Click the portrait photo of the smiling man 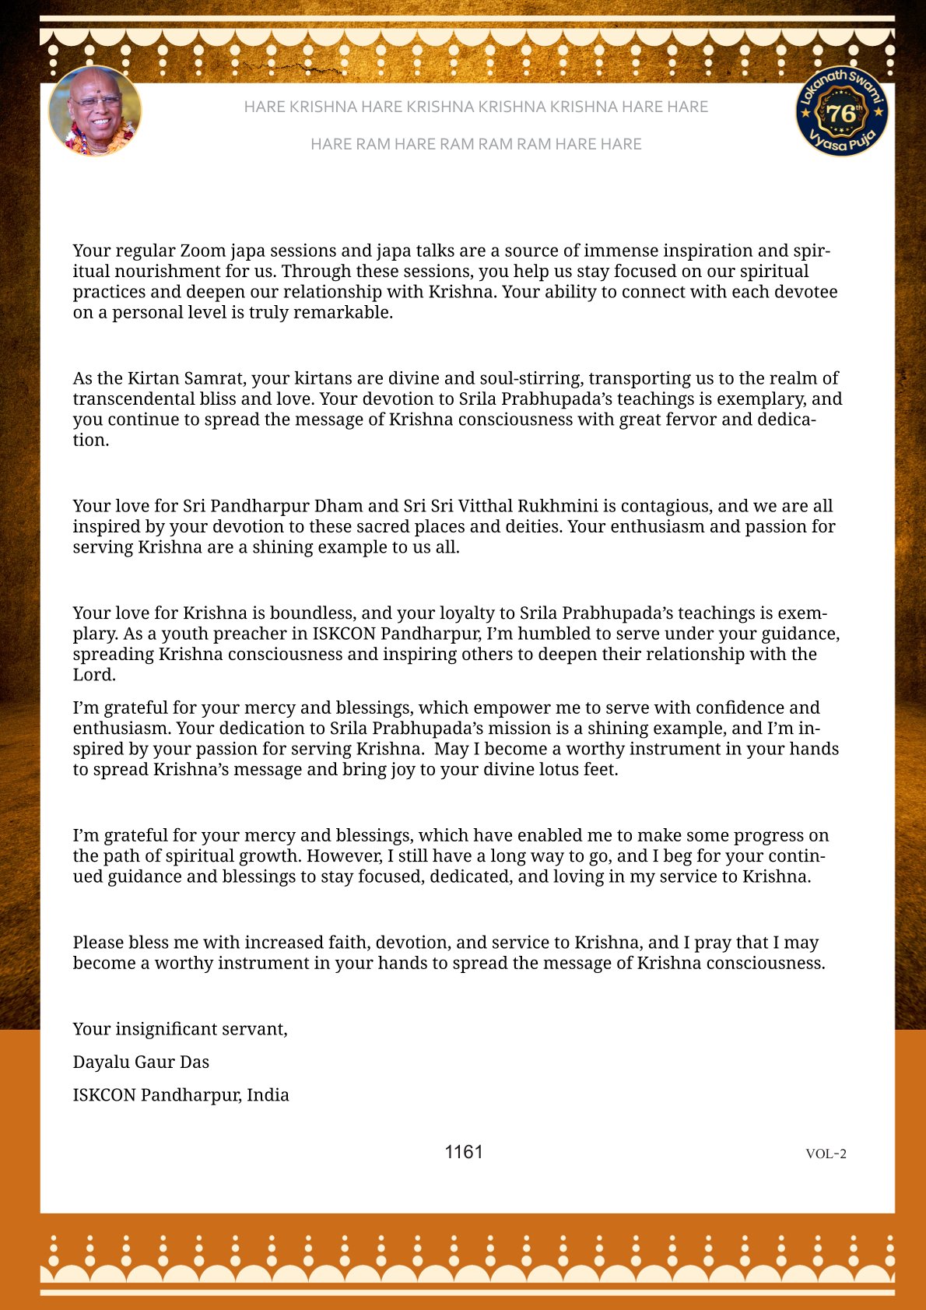click(x=95, y=111)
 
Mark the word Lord click(x=93, y=675)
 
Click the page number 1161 click(x=464, y=1152)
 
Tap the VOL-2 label click(x=826, y=1154)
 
